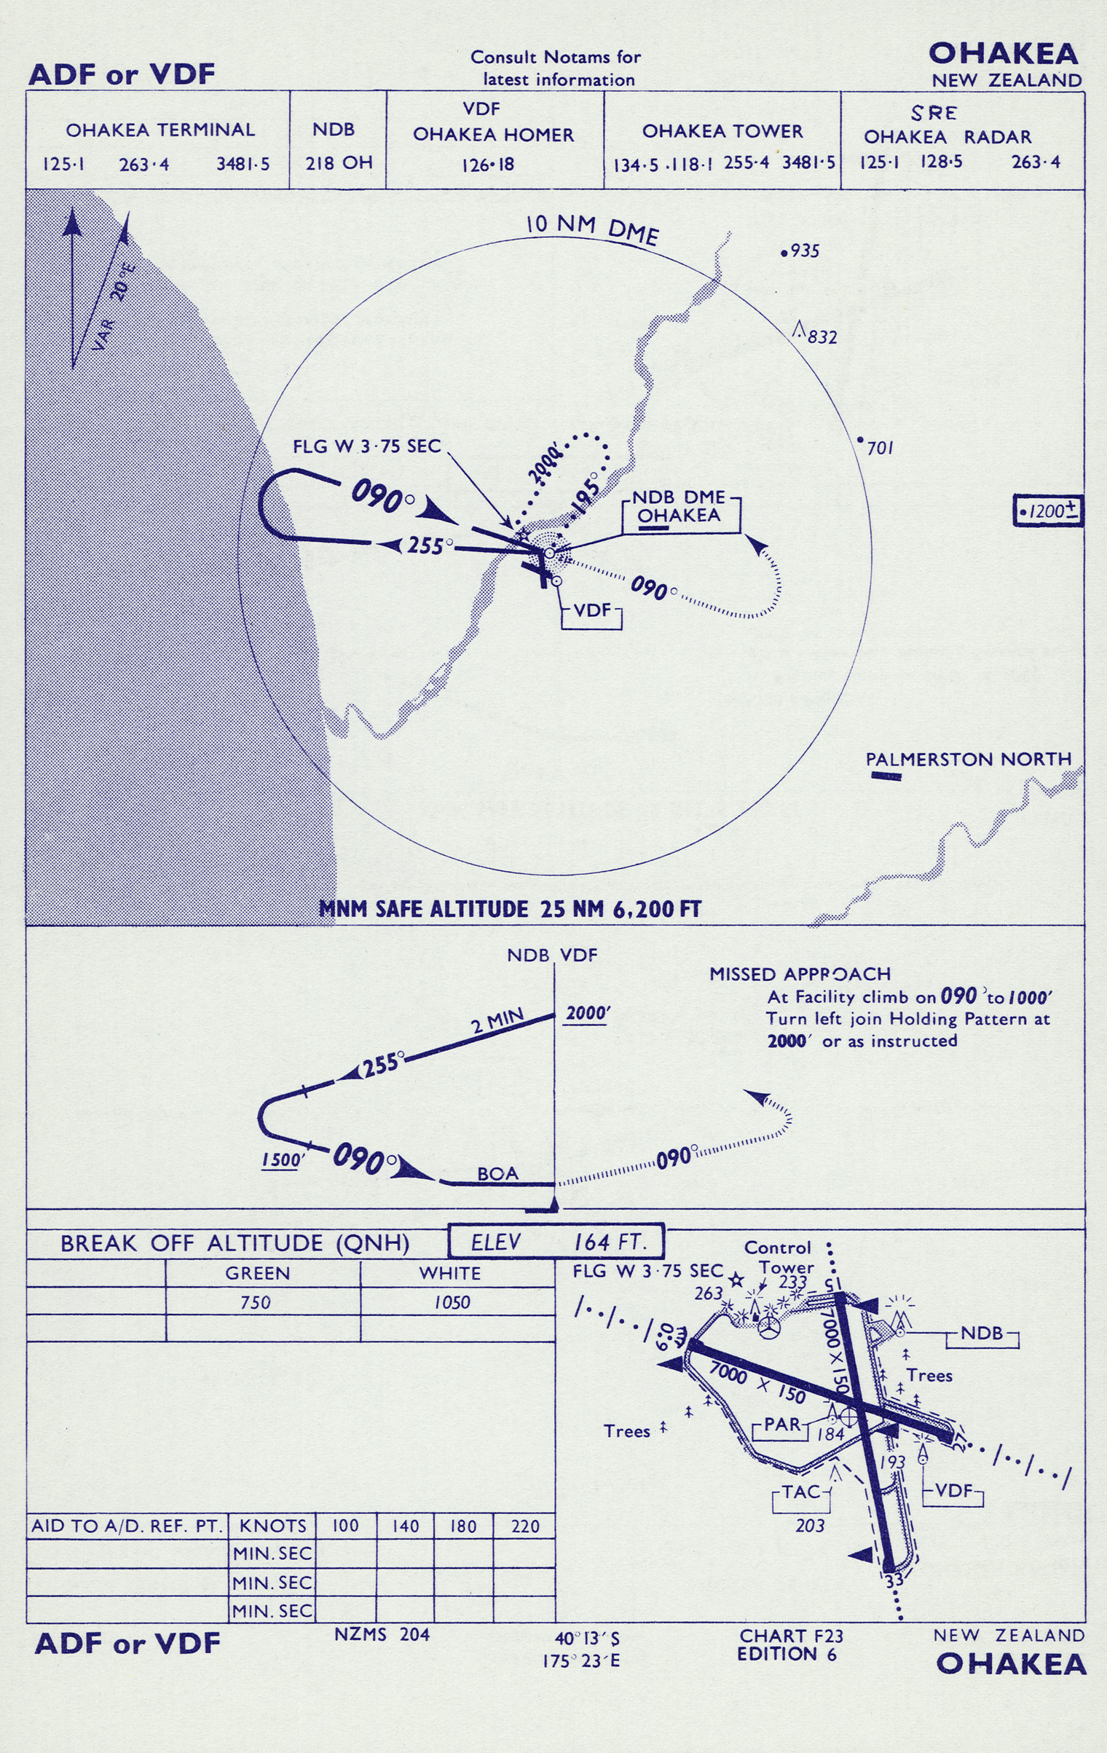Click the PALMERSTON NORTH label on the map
coord(968,759)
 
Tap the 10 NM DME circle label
coord(592,229)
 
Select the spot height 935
coord(800,251)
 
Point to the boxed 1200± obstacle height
coord(1048,511)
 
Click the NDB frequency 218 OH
coord(339,162)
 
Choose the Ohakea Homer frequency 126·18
coord(487,165)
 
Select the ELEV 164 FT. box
coord(556,1242)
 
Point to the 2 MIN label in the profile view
coord(498,1020)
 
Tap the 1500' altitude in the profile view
coord(281,1160)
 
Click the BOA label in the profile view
coord(498,1173)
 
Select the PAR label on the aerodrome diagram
coord(783,1424)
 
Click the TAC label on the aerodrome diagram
coord(801,1492)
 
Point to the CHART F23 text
coord(791,1636)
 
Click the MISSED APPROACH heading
coord(800,974)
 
